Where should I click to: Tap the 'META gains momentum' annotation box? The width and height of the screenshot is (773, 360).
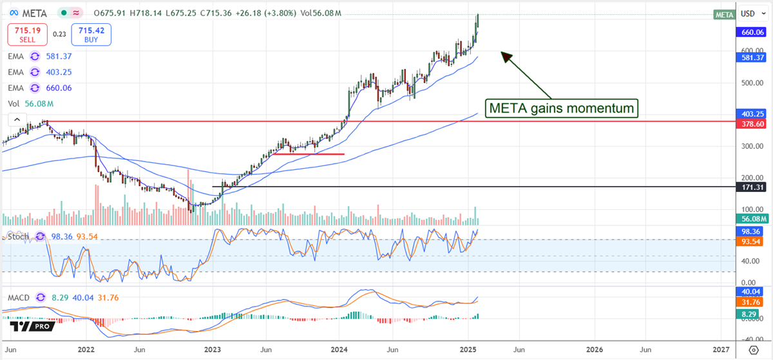(560, 108)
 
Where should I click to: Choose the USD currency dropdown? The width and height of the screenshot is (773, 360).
(751, 14)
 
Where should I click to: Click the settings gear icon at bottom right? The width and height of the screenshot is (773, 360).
(753, 350)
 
